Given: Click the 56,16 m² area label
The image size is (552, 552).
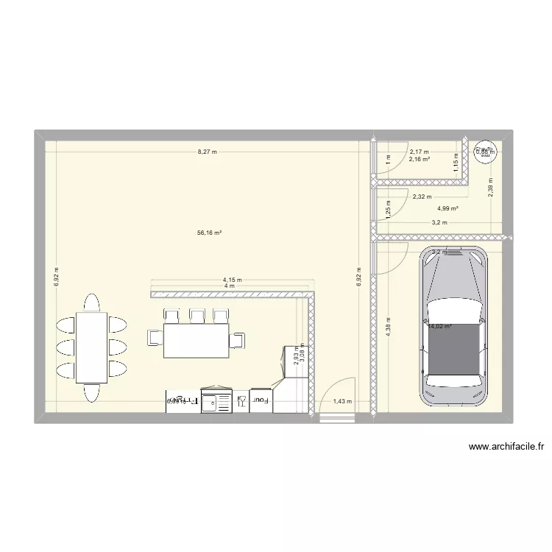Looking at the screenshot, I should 210,233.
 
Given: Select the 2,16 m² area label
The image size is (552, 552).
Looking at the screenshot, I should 420,158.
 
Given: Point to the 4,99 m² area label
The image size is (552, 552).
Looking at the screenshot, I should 447,208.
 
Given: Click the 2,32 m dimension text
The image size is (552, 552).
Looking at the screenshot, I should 422,197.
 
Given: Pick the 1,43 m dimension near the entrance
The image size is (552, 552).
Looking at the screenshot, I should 343,401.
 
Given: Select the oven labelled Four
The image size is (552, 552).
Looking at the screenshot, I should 261,400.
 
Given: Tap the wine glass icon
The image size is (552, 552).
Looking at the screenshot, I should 241,401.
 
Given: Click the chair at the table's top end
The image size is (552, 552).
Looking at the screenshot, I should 92,302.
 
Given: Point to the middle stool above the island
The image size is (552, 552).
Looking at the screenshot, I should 197,316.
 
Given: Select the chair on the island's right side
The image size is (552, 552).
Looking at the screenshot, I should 238,339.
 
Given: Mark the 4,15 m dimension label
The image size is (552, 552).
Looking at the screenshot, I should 233,280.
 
